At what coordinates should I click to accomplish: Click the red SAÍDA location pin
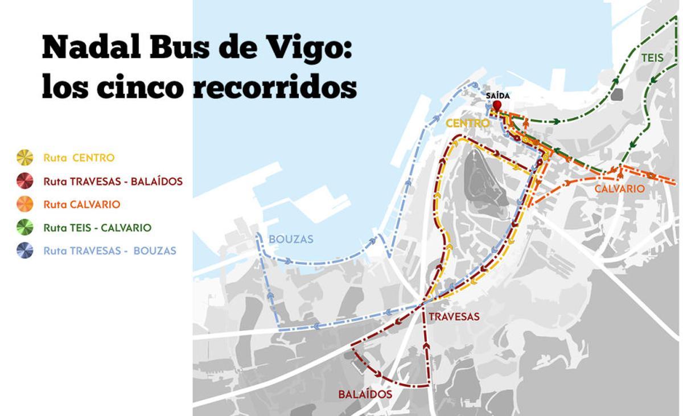coord(497,106)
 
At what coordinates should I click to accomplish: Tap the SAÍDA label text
coord(497,96)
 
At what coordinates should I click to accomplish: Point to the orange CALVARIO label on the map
coord(620,189)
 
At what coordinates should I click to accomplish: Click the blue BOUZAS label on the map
coord(292,239)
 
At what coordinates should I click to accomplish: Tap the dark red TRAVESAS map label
coord(454,317)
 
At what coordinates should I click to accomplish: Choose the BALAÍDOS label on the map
coord(365,394)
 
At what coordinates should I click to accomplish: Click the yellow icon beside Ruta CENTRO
coord(25,158)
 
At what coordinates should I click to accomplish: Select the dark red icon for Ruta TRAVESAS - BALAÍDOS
coord(25,181)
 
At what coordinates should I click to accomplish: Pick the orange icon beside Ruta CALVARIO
coord(25,204)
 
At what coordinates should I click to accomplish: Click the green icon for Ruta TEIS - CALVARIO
coord(25,228)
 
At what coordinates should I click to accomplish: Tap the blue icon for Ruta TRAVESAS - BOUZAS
coord(25,250)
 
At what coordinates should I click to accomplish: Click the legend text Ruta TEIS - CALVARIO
coord(97,228)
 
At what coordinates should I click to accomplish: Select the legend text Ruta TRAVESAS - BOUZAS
coord(109,250)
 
